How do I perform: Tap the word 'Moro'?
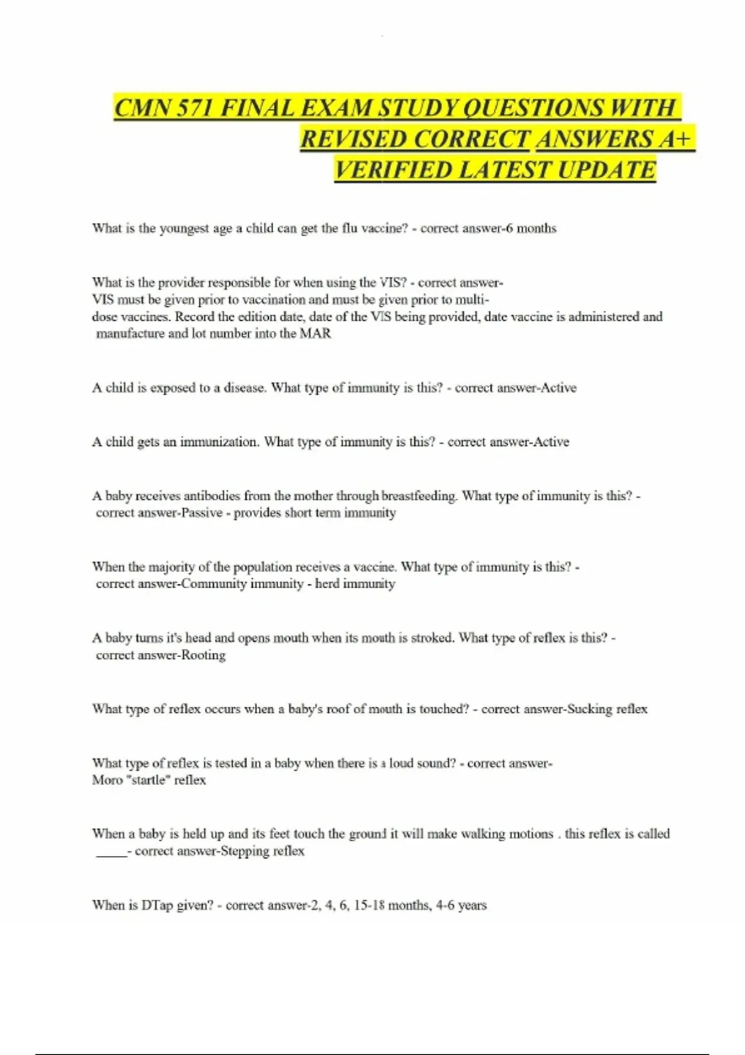click(x=107, y=780)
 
